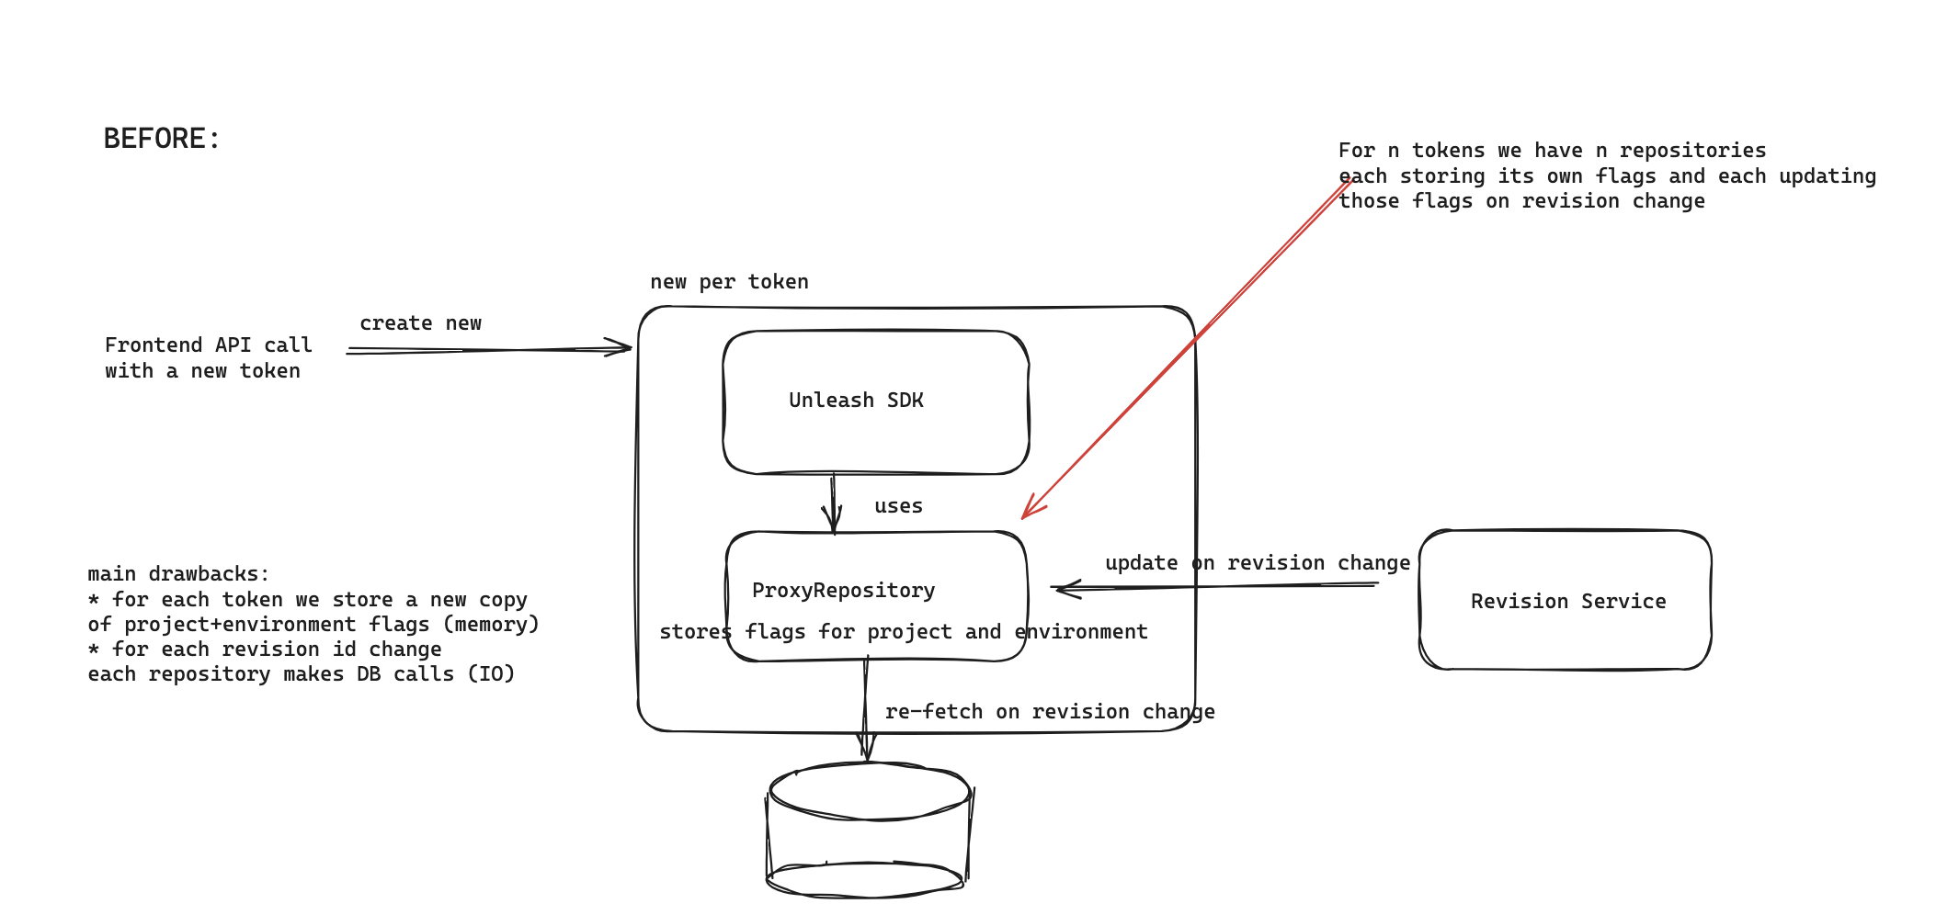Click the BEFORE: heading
pos(162,139)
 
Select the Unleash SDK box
pos(875,401)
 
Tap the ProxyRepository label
pos(843,591)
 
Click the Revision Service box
pos(1566,601)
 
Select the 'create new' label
pos(420,323)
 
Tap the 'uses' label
pos(898,506)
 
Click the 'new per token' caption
pos(729,282)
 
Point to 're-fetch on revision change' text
pos(1049,712)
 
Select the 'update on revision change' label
pos(1257,563)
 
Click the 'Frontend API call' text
pos(208,345)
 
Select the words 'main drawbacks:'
pos(178,574)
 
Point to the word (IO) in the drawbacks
pos(491,674)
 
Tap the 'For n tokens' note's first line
pos(1552,151)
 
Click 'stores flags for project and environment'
pos(903,632)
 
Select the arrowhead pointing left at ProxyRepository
pos(1064,588)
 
